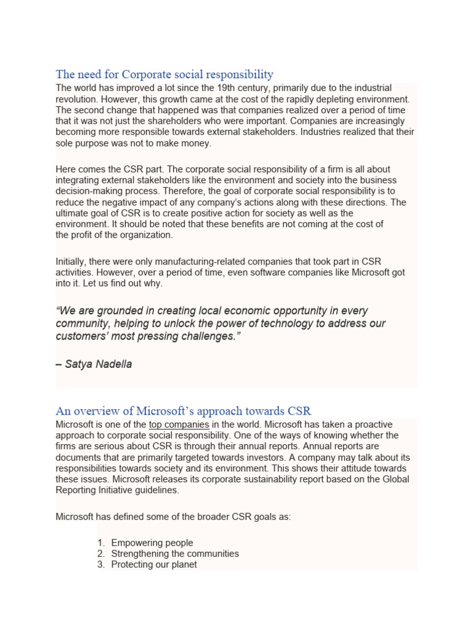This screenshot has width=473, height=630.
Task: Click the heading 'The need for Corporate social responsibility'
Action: click(x=164, y=74)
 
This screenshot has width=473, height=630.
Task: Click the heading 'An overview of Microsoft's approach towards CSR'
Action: click(x=184, y=410)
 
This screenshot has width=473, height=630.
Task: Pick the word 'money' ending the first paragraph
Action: click(x=195, y=143)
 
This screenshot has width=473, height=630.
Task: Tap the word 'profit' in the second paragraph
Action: click(x=85, y=235)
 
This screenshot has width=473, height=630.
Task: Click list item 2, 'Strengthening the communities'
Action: click(x=175, y=554)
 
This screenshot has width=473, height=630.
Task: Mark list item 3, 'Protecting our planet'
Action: click(x=154, y=565)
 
